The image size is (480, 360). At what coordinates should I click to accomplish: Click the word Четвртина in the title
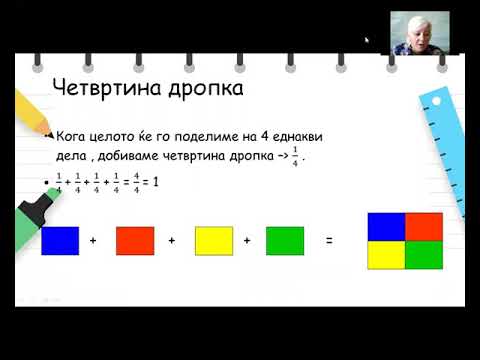(108, 88)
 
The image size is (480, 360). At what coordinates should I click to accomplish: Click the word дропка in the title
(206, 89)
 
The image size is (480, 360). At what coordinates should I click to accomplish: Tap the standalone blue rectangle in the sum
(60, 241)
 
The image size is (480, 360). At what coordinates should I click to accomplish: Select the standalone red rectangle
(135, 241)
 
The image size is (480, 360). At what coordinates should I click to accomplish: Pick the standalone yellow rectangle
(214, 241)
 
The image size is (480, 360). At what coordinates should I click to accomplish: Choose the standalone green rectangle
(285, 241)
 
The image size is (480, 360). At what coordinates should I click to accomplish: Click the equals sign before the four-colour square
(329, 240)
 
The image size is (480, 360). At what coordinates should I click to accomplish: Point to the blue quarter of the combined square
(386, 227)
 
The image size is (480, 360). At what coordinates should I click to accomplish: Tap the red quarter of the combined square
(424, 227)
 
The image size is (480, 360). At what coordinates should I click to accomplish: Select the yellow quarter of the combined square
(386, 255)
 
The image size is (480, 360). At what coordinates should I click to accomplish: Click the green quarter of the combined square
(424, 255)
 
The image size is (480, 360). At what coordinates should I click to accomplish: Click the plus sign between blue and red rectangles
(93, 240)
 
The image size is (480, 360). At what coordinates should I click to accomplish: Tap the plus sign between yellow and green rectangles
(247, 240)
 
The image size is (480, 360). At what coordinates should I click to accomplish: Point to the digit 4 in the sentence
(265, 136)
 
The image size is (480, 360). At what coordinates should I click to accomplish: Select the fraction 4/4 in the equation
(136, 183)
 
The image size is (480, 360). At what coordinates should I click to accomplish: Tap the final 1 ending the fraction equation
(155, 182)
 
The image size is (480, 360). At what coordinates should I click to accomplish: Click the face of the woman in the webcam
(416, 35)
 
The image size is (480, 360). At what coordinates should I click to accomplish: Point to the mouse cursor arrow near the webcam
(367, 41)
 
